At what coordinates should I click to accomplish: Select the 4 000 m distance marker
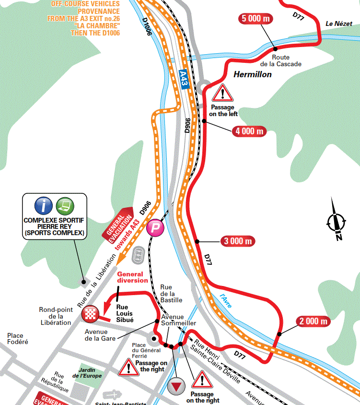coord(249,131)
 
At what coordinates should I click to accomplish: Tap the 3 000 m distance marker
coord(237,241)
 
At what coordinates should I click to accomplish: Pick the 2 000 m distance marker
coord(314,322)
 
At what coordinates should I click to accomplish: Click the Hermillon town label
coord(253,74)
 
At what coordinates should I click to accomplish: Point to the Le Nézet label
coord(339,24)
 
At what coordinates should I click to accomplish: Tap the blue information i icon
coord(44,206)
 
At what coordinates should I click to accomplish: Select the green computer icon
coord(65,206)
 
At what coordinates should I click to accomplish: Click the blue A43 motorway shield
coord(183,78)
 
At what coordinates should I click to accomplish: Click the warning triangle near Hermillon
coord(222,93)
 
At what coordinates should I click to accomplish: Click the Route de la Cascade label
coord(274,61)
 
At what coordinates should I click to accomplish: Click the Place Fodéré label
coord(18,338)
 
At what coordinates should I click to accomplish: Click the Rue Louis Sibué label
coord(125,313)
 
